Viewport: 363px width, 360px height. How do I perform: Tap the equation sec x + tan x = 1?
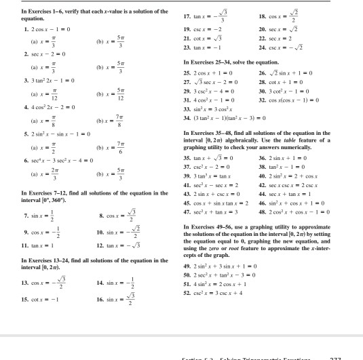(286, 209)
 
